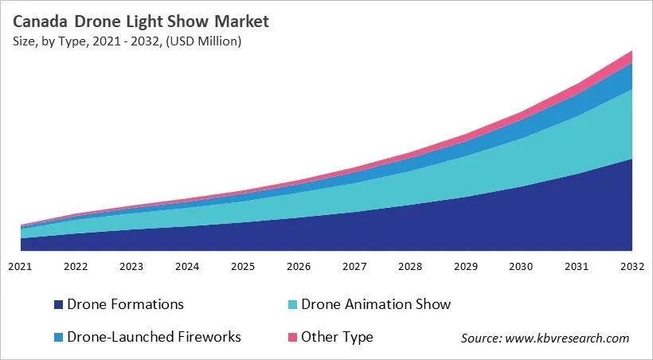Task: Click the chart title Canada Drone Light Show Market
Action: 141,21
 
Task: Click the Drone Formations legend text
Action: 126,304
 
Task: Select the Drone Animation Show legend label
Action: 376,304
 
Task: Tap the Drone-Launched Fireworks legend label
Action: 154,337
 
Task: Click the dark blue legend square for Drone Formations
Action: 58,305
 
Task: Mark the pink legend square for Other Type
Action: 291,338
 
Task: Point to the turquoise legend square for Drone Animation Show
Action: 291,305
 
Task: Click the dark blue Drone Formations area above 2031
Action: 577,215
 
